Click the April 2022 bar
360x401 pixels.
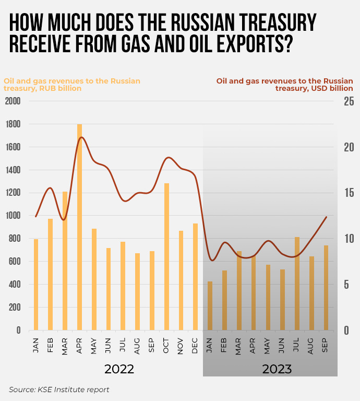pos(80,227)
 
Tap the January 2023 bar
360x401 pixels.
pos(210,305)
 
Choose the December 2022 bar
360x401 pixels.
pos(196,277)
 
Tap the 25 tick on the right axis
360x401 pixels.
pos(349,101)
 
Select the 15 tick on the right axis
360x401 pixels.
pos(349,193)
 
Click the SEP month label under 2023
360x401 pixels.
pos(326,346)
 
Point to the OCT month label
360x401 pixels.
pos(167,346)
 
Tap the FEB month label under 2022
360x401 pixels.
pos(51,346)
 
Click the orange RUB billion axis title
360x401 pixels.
pos(72,85)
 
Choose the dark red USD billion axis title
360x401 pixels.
pos(285,85)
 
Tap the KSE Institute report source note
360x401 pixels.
pos(59,390)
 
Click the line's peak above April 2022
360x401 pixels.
pos(81,137)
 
